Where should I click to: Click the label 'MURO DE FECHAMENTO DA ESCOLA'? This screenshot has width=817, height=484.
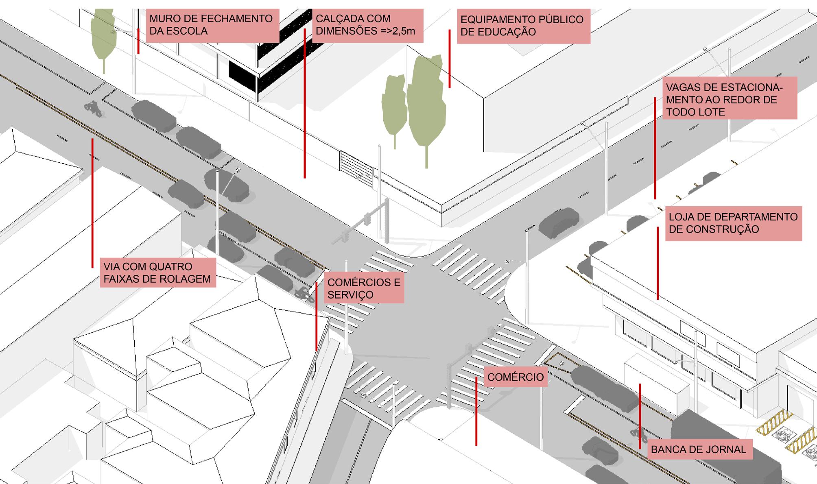pyautogui.click(x=212, y=25)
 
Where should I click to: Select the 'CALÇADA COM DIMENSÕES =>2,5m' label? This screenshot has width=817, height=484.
pyautogui.click(x=367, y=25)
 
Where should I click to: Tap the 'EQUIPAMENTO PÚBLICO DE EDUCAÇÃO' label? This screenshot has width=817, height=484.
pyautogui.click(x=523, y=26)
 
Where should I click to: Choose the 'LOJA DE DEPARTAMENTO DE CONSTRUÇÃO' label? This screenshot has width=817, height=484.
pyautogui.click(x=733, y=223)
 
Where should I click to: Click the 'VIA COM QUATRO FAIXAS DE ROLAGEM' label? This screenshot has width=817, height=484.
pyautogui.click(x=157, y=273)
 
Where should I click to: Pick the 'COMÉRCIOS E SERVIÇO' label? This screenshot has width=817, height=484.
pyautogui.click(x=364, y=289)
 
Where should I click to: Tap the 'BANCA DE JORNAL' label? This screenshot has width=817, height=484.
pyautogui.click(x=699, y=449)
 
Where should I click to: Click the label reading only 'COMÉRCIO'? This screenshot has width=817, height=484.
pyautogui.click(x=516, y=377)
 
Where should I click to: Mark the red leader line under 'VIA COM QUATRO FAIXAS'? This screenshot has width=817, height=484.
pyautogui.click(x=92, y=203)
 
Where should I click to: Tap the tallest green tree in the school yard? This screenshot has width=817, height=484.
pyautogui.click(x=426, y=106)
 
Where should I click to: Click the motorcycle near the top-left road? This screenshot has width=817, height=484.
pyautogui.click(x=93, y=109)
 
